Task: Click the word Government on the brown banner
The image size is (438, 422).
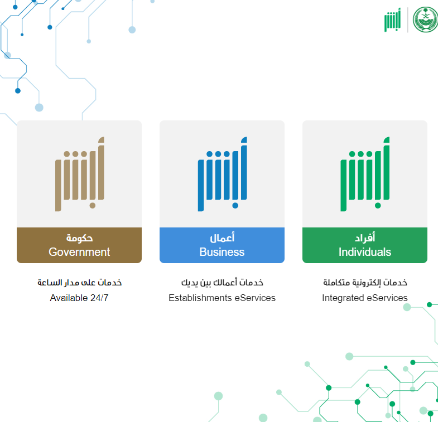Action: [x=79, y=252]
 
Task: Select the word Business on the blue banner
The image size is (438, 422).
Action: [x=222, y=252]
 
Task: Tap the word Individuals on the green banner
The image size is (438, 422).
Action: [x=365, y=252]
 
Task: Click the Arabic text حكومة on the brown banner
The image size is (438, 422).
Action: [x=79, y=238]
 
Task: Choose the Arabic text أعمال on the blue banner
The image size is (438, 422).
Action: [x=222, y=237]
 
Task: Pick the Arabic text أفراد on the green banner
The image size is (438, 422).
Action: [x=365, y=237]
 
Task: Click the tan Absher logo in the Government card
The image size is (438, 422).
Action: [x=80, y=174]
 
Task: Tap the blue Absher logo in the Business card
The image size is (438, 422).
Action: [x=223, y=174]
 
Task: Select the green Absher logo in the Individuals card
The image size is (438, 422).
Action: [x=365, y=174]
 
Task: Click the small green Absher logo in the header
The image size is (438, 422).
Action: [x=392, y=20]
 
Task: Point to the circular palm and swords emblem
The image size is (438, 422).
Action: [x=425, y=20]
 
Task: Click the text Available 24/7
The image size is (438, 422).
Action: [x=79, y=298]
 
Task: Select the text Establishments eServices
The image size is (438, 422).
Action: [x=222, y=298]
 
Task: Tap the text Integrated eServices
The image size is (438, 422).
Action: [x=365, y=298]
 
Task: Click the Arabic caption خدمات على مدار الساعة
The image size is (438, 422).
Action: [x=80, y=283]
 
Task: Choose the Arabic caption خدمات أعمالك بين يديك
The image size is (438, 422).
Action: [x=222, y=283]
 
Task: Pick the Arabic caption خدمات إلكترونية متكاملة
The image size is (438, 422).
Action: [x=365, y=283]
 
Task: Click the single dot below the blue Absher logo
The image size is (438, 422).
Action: [x=235, y=206]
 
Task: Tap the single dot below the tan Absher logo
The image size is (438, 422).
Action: [x=93, y=206]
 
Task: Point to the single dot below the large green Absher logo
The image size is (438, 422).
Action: [x=378, y=206]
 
